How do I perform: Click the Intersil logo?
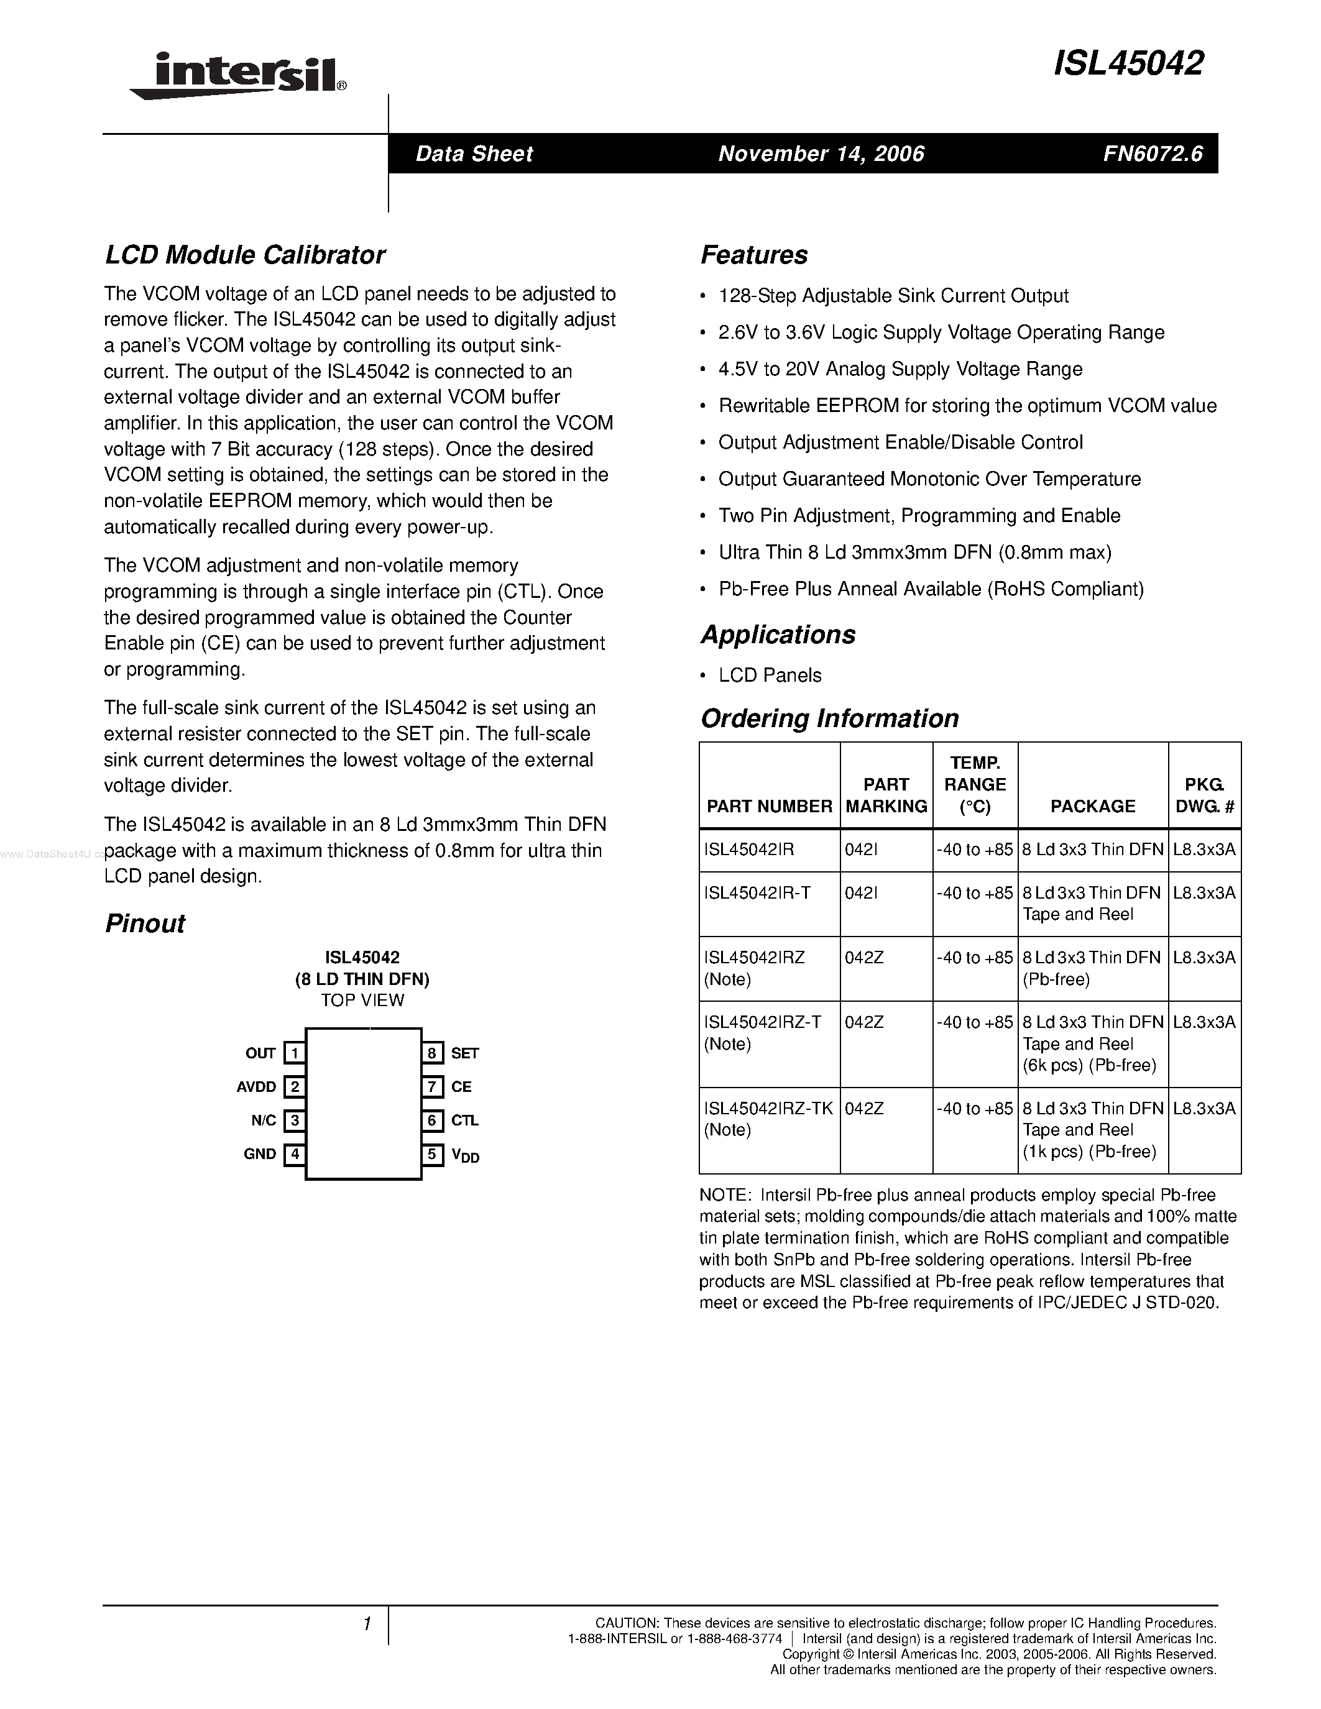point(239,76)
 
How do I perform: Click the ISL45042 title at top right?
point(1128,63)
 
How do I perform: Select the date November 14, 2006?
point(821,153)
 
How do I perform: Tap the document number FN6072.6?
point(1153,153)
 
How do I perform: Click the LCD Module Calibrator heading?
point(245,255)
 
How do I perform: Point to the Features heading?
point(753,255)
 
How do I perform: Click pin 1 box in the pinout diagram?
point(294,1053)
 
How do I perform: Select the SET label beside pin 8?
point(464,1053)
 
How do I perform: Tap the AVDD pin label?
point(256,1087)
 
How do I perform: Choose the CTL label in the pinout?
point(464,1120)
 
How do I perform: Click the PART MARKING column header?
point(886,795)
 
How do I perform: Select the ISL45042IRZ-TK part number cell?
point(768,1109)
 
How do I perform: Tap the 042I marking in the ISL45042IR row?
point(861,850)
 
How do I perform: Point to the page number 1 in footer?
point(366,1624)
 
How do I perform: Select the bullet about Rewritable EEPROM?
point(967,406)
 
